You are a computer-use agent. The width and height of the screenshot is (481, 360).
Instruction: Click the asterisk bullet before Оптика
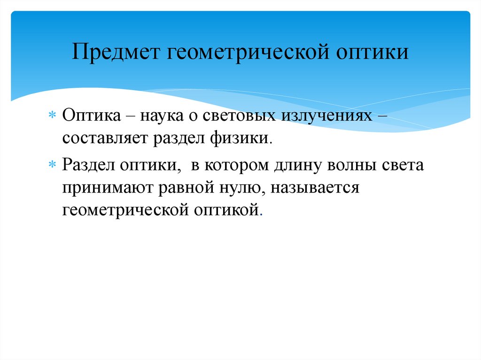[x=52, y=116]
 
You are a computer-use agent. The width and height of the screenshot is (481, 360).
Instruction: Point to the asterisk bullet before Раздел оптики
[x=52, y=166]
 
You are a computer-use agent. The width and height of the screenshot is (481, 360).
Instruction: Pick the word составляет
[x=105, y=139]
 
